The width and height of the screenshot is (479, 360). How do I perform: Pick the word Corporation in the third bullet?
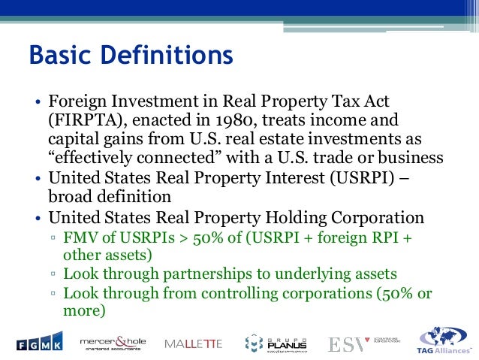(x=373, y=218)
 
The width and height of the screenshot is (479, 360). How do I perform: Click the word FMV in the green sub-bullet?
(x=80, y=238)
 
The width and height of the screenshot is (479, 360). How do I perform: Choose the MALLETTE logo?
(x=194, y=344)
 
